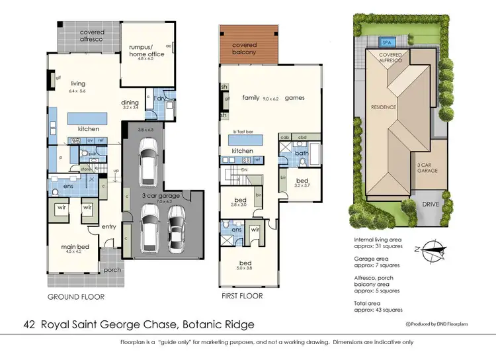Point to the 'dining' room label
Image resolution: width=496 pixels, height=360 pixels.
[130, 103]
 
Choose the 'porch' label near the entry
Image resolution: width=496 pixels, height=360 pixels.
[111, 270]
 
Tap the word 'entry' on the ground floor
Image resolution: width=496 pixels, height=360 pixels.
[108, 227]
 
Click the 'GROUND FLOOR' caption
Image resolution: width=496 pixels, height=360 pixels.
[75, 296]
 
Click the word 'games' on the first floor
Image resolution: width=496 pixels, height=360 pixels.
[295, 97]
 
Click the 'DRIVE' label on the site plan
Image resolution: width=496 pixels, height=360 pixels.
[431, 204]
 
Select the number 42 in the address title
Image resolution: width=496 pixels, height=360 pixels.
[28, 324]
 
